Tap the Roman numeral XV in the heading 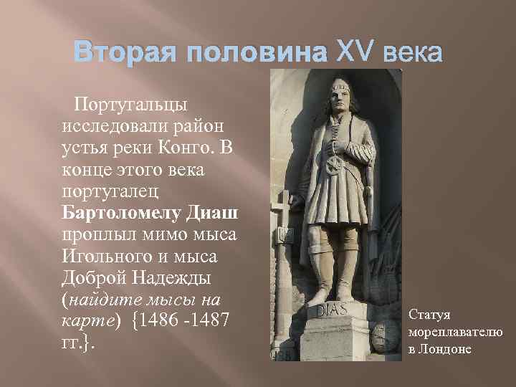click(348, 54)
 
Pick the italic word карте click(85, 320)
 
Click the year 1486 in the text click(161, 320)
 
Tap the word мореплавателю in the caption click(455, 331)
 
